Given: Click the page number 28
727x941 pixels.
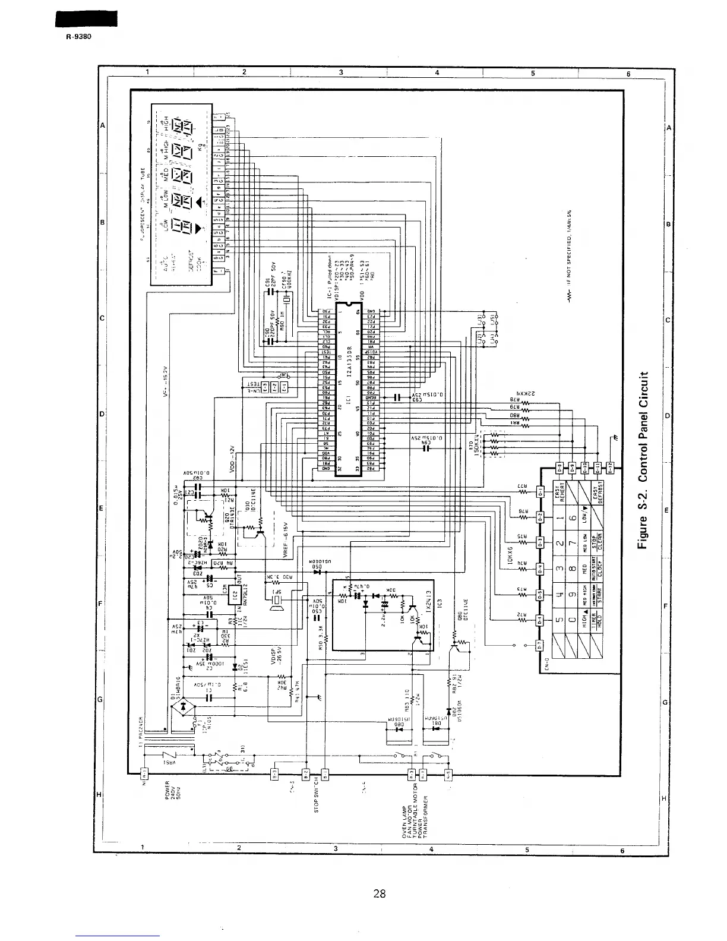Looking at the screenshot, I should [x=380, y=893].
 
